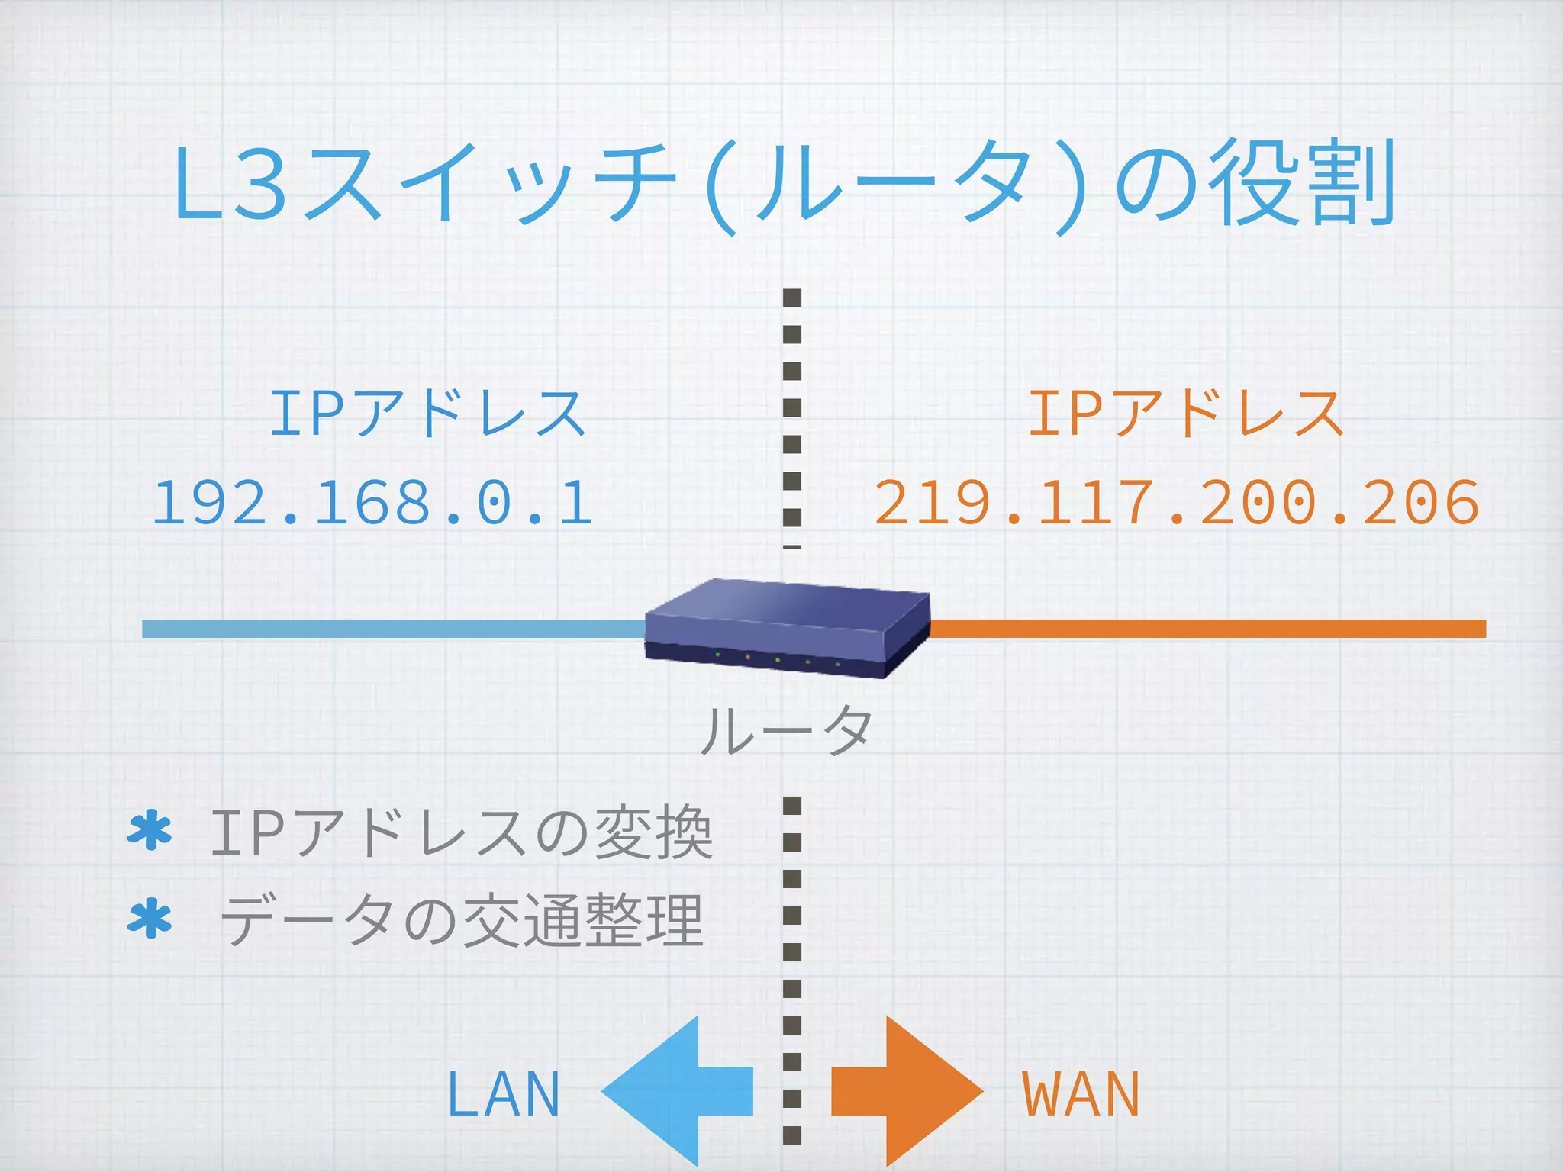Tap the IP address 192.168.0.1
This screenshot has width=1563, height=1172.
point(372,503)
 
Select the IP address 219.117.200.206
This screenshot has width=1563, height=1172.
point(1176,503)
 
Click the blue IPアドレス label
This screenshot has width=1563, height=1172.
point(427,413)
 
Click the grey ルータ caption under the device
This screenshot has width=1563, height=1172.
point(786,730)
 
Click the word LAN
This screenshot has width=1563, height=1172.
point(504,1094)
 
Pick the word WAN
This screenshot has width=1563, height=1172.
point(1081,1094)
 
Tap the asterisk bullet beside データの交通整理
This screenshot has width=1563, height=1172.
point(150,919)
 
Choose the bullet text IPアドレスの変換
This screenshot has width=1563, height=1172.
point(461,833)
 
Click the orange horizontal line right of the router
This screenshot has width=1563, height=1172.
point(1206,629)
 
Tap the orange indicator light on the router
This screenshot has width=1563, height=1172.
point(747,657)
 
